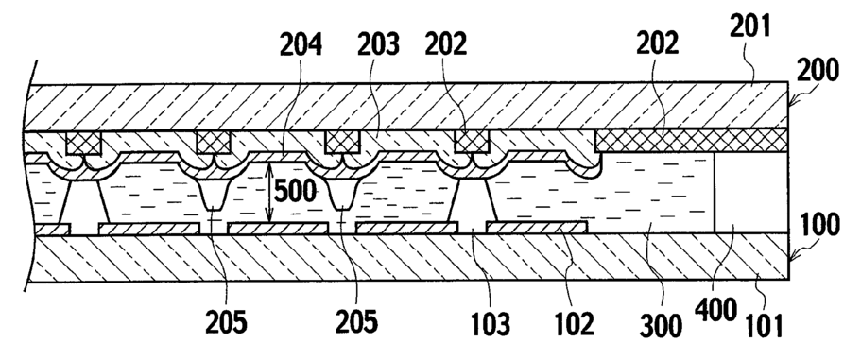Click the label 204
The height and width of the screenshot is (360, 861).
pos(301,45)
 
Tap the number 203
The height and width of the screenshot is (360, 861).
pos(378,45)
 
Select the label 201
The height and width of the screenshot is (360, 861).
pos(750,26)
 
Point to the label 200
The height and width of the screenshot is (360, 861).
pos(818,70)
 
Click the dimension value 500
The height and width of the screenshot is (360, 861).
pos(296,192)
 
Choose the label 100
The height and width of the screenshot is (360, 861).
pos(818,225)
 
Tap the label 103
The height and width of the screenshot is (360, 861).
pos(490,323)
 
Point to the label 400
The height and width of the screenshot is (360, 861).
pos(716,311)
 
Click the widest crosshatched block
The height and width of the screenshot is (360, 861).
pos(691,141)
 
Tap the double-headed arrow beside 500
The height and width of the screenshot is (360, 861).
pos(269,193)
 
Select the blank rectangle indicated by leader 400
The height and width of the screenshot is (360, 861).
pos(750,192)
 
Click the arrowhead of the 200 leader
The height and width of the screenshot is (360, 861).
pos(791,104)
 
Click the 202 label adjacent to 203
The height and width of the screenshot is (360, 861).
pos(446,45)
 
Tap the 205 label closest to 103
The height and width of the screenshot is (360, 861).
pos(357,321)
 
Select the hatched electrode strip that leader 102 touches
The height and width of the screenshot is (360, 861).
pos(537,227)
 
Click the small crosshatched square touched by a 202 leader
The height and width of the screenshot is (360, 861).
pos(473,142)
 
